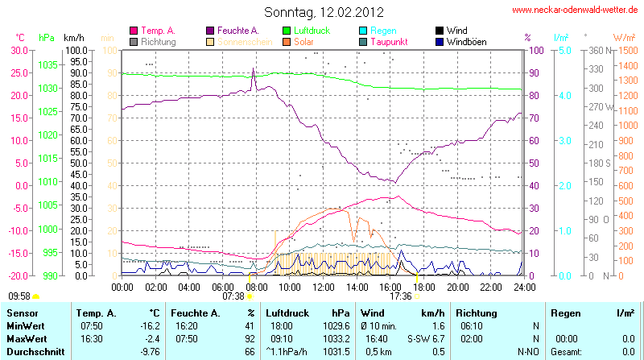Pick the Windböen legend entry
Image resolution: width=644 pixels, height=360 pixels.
pyautogui.click(x=466, y=42)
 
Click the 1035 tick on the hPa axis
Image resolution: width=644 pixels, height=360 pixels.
pyautogui.click(x=47, y=64)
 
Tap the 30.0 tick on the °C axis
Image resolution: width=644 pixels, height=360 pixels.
pyautogui.click(x=17, y=50)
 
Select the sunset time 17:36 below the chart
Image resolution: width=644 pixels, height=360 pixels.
pyautogui.click(x=400, y=296)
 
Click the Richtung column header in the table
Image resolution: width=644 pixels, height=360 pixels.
pyautogui.click(x=477, y=312)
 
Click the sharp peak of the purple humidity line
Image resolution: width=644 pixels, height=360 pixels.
pyautogui.click(x=254, y=69)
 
